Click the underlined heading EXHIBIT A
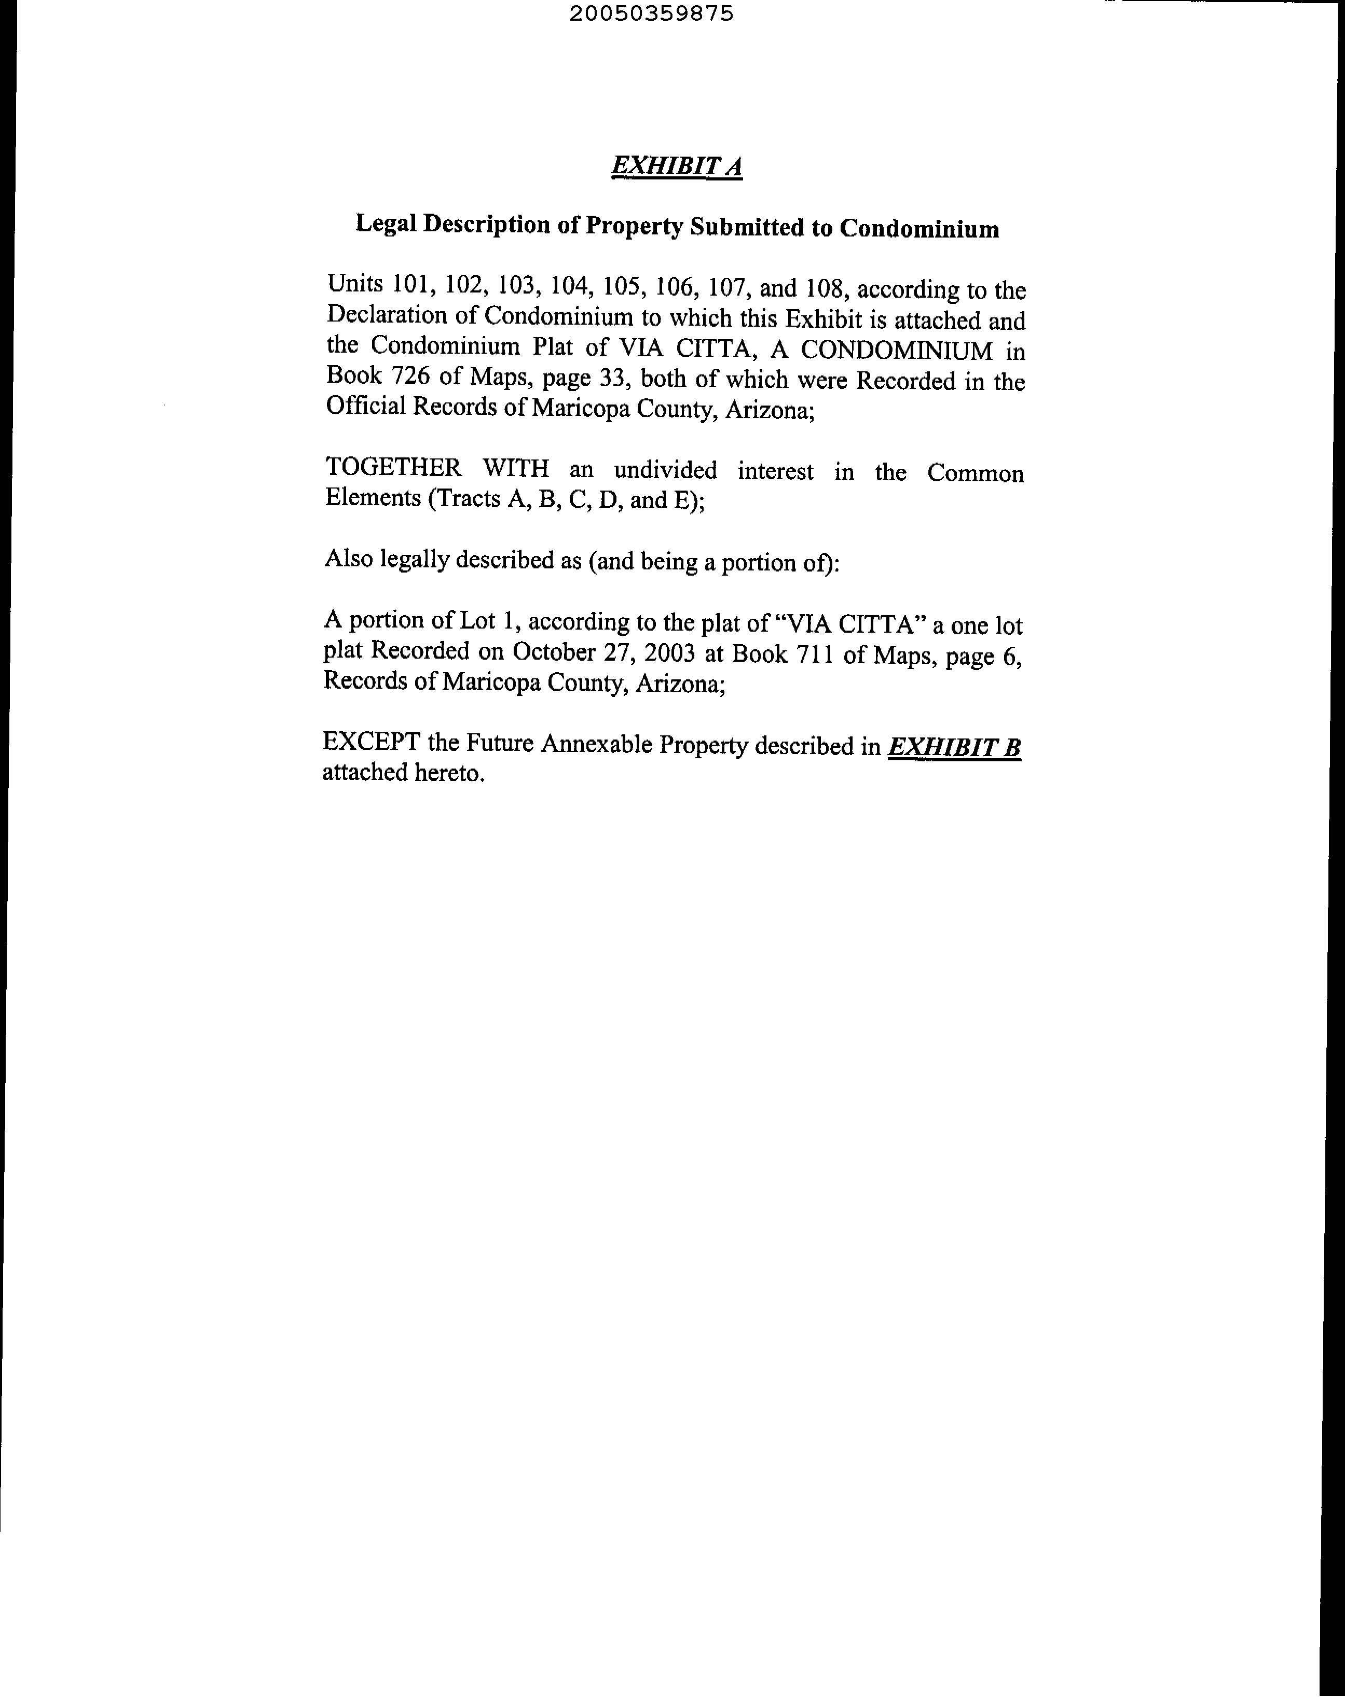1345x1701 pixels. [x=677, y=166]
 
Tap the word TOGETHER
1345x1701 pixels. [x=394, y=468]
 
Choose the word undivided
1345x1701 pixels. [x=665, y=471]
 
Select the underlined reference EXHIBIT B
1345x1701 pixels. [x=954, y=747]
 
